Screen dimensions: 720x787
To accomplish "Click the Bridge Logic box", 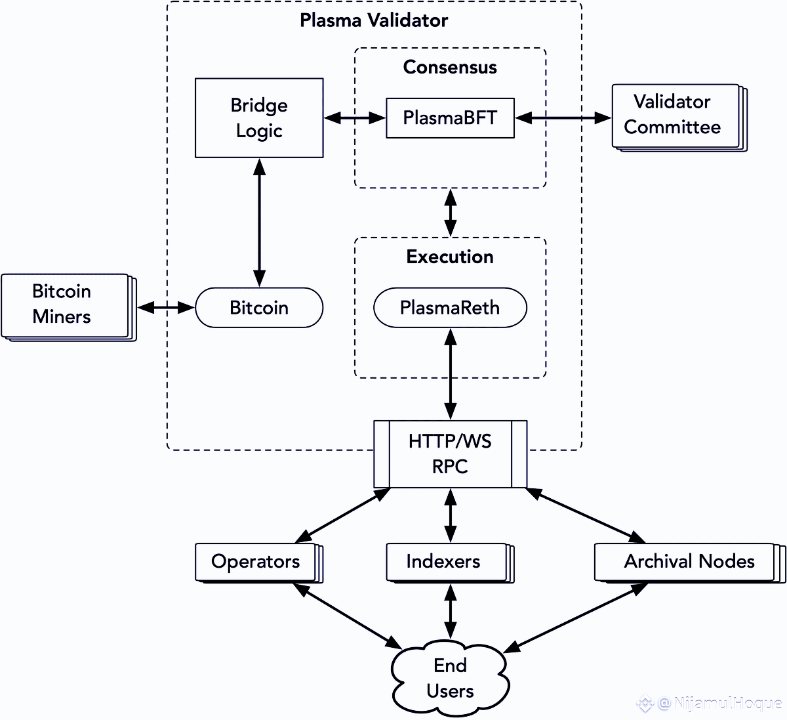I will coord(259,118).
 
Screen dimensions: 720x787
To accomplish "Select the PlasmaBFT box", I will coord(450,118).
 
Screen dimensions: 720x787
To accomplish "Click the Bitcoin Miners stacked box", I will coord(64,305).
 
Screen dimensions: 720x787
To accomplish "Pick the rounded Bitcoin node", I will coord(259,307).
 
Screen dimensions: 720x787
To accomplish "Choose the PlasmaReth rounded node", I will coord(450,307).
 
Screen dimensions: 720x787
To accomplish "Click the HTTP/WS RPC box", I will coord(450,454).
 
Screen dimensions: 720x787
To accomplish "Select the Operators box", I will coord(256,562).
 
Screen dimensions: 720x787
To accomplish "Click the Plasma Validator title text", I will coord(374,20).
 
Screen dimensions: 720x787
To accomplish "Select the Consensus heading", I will coord(450,67).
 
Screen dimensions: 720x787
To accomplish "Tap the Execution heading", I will coord(450,257).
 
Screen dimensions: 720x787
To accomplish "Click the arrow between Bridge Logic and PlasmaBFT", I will coord(355,118).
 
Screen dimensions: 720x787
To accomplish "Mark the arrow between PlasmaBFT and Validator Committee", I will coord(563,118).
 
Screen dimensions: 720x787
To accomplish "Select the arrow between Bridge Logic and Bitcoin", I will coord(260,222).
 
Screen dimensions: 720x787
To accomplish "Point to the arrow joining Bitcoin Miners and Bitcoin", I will coord(166,307).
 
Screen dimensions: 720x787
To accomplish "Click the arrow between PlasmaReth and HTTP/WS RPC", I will coord(451,374).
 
